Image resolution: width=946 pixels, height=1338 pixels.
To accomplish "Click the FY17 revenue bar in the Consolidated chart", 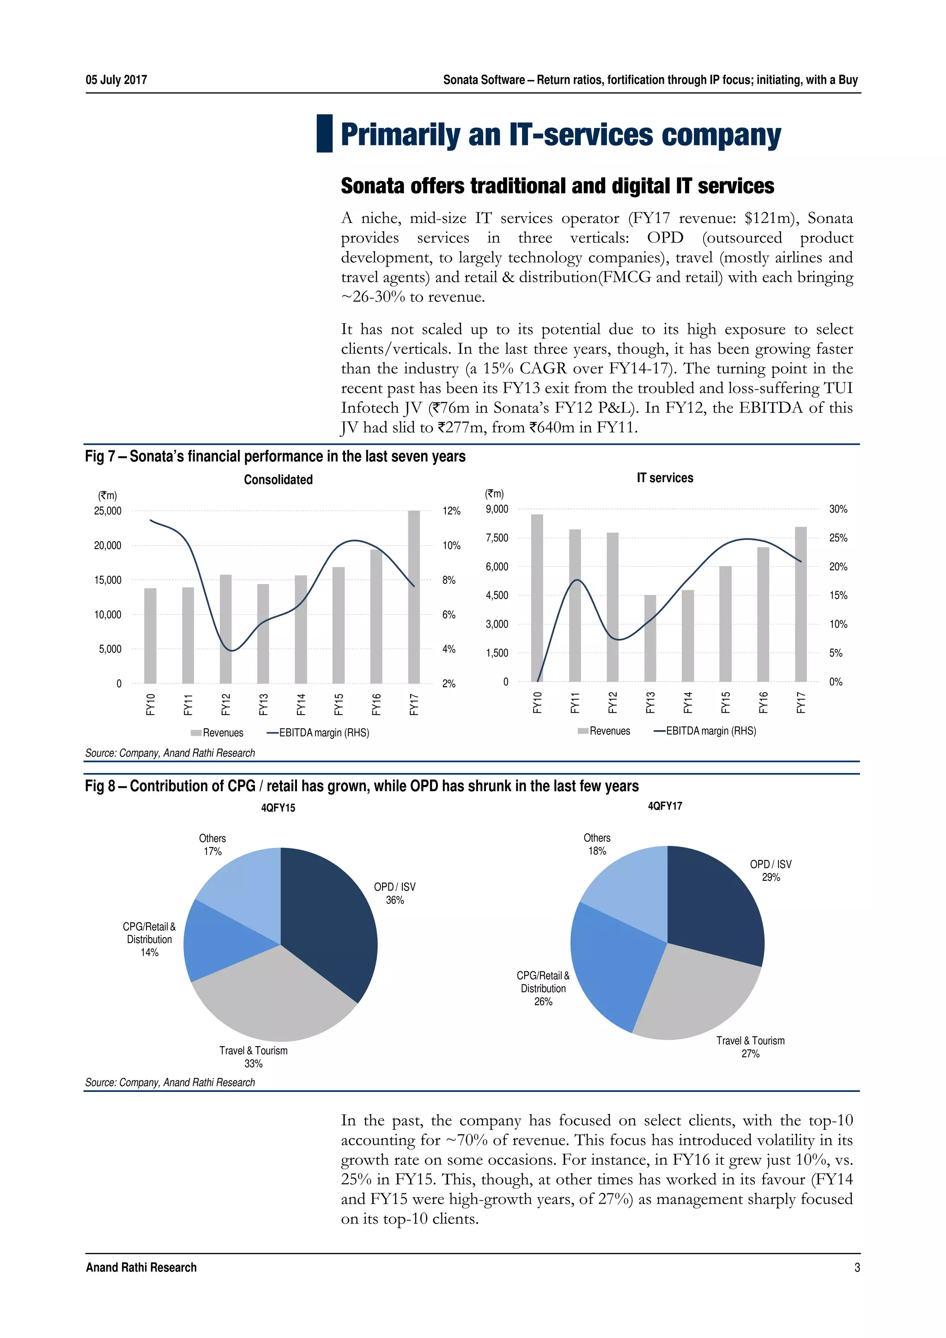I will (414, 597).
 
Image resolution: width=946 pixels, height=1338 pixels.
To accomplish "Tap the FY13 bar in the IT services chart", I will (650, 638).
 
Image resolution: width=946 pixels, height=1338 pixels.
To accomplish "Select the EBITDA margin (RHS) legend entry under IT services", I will (705, 731).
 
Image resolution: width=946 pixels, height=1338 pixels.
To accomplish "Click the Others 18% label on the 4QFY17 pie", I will (597, 844).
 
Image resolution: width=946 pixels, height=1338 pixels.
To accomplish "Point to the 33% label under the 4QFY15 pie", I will (254, 1064).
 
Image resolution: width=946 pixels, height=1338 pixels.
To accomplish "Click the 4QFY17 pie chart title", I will (665, 806).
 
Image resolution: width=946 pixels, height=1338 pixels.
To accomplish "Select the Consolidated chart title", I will (278, 479).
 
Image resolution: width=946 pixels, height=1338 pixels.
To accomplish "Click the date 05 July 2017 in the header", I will (116, 80).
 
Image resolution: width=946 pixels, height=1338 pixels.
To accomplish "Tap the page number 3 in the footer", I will (857, 1267).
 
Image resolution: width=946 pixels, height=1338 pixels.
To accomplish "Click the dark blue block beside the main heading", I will (324, 133).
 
